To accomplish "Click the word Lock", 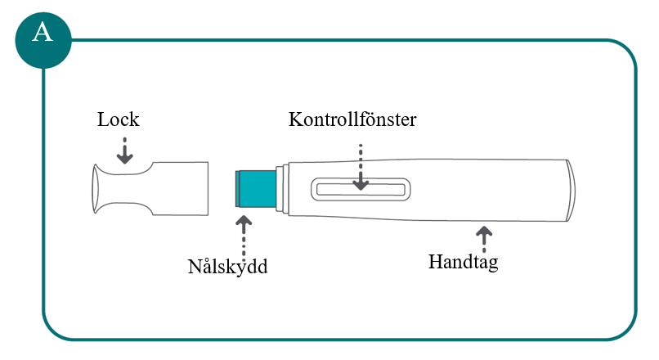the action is tap(118, 119).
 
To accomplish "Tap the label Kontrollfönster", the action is tap(352, 119).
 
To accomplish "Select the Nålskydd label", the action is tap(227, 267).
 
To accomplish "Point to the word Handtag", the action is tap(463, 262).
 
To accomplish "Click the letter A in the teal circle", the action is tap(43, 33).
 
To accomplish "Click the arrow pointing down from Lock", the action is tap(125, 151).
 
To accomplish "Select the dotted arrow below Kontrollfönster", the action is tap(361, 168).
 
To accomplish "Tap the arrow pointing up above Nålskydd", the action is tap(244, 237).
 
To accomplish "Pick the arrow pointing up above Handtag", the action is tap(484, 239).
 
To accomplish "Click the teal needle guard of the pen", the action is tap(256, 189).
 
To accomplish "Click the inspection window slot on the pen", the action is tap(361, 189).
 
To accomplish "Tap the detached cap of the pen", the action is tap(150, 189).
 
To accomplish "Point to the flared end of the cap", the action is tap(96, 189).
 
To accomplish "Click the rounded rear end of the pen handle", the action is tap(570, 190).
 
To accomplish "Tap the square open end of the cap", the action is tap(207, 189).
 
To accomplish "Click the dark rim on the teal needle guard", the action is tap(238, 189).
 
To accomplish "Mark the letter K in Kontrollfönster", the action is tap(294, 119).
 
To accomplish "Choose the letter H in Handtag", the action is tap(435, 262).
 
